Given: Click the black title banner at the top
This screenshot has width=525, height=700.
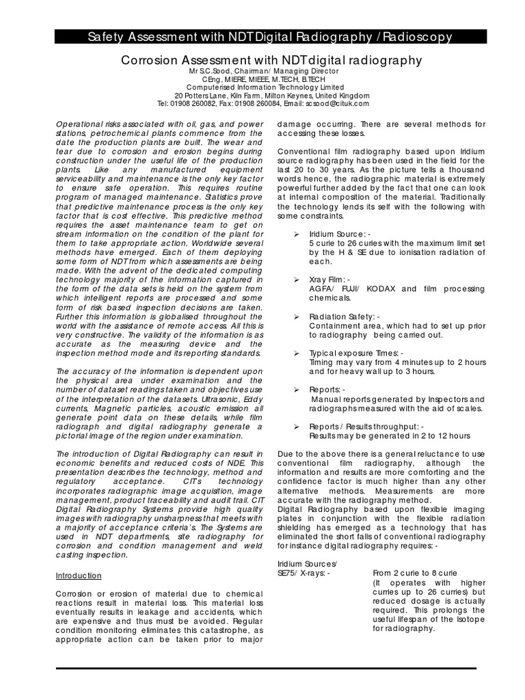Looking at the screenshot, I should (262, 36).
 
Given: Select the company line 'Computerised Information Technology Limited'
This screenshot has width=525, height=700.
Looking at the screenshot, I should (262, 87).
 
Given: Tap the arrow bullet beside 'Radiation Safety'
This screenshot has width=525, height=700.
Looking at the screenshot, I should (296, 317).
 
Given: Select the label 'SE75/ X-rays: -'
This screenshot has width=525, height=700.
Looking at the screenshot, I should (304, 573).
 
